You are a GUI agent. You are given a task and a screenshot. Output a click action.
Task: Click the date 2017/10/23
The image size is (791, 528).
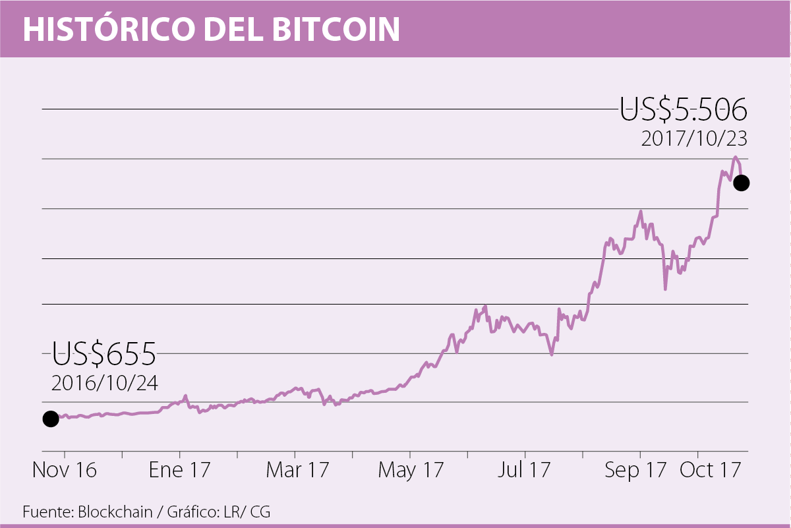tap(694, 140)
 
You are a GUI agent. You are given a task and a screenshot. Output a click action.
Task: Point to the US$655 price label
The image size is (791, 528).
tap(104, 354)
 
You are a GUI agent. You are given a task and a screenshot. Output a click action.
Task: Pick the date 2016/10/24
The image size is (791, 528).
tap(105, 383)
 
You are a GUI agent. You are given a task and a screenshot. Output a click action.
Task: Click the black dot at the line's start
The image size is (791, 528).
tap(50, 419)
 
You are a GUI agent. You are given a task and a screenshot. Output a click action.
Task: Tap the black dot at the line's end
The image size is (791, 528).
tap(742, 183)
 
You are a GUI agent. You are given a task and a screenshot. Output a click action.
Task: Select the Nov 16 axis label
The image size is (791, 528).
tap(65, 471)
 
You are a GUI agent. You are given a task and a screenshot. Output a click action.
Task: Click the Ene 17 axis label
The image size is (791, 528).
tap(179, 471)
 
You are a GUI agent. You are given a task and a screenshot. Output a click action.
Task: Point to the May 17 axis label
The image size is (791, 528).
tap(411, 471)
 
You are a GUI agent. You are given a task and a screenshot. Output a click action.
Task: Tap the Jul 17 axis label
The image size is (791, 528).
tap(525, 471)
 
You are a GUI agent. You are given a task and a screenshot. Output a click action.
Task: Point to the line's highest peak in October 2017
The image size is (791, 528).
tap(735, 157)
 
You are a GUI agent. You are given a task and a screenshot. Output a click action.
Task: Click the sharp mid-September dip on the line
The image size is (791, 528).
tap(665, 289)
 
